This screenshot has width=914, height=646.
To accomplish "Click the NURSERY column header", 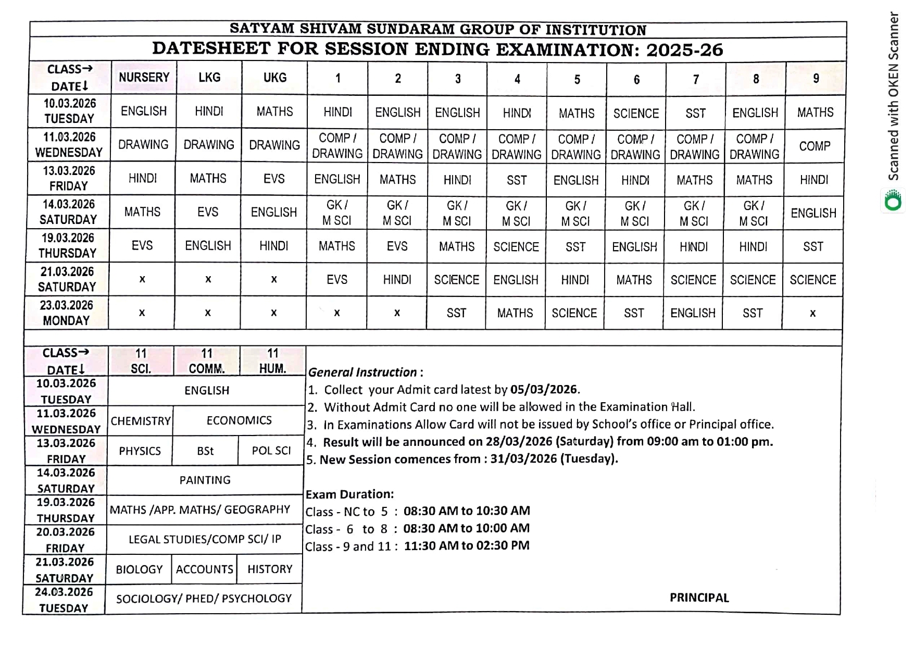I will pos(144,78).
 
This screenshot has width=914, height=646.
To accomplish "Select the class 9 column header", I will pos(816,78).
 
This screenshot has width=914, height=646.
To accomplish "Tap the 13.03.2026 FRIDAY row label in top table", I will pos(69,178).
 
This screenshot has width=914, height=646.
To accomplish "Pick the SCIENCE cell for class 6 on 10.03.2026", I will pos(636,113).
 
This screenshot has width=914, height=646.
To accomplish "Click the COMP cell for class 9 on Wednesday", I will pos(815,146).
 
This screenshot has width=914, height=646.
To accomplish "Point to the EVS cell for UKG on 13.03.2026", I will pos(274,179).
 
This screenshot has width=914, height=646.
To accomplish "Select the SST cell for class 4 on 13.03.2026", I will pos(517,180).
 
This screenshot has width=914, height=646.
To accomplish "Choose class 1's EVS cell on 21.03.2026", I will pos(337,280).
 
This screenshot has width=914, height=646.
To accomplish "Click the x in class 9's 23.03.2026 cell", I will pos(812,313).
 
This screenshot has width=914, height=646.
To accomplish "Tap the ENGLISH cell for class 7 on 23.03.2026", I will pos(693,313).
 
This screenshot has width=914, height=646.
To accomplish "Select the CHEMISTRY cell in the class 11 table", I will pos(141,421).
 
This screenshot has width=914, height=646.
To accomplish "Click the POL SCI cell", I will pos(271,451).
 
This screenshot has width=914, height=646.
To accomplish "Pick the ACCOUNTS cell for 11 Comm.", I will pos(204,569).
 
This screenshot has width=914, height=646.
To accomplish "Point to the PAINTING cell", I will pos(205,480).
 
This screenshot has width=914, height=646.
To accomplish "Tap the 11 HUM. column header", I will pos(272,361).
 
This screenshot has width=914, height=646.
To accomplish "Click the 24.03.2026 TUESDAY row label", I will pos(64,600).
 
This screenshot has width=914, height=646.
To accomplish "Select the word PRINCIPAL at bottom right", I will pos(699,598).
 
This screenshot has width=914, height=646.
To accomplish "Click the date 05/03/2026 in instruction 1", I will pos(543,389).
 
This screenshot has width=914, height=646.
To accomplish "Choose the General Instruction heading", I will pos(362,372).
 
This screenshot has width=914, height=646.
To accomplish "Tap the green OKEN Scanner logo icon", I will pos(893,201).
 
